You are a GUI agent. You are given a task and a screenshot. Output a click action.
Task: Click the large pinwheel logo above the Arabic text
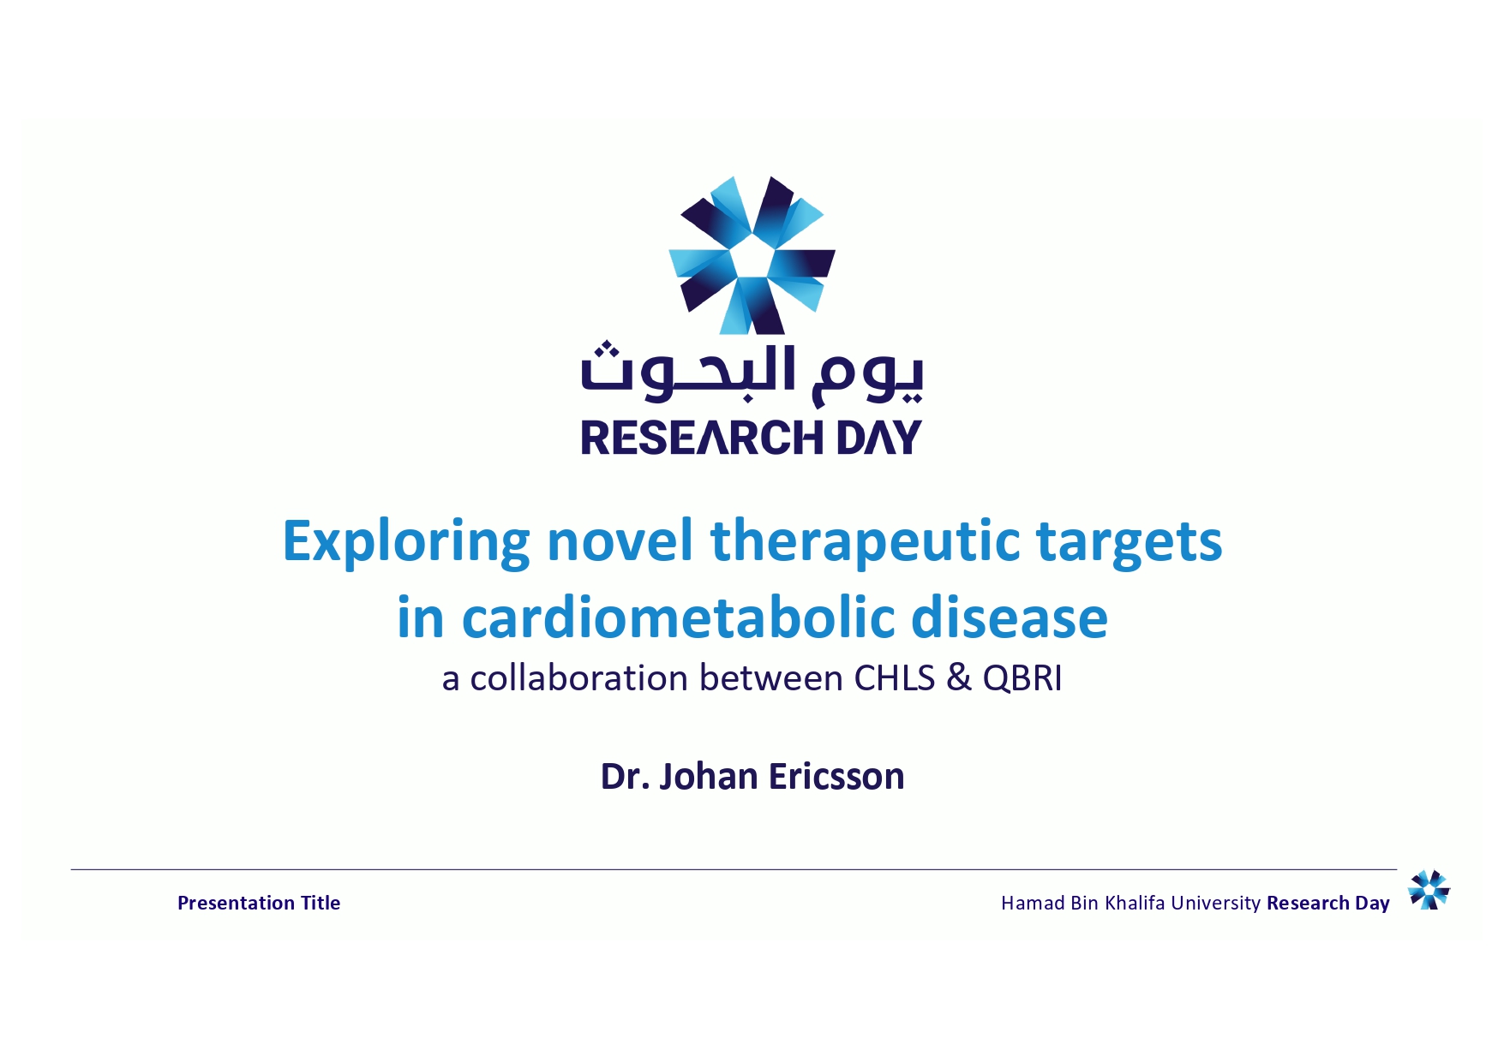(752, 255)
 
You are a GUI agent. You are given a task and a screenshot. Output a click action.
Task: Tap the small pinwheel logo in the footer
(1429, 890)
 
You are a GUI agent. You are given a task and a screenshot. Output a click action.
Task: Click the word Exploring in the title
(406, 542)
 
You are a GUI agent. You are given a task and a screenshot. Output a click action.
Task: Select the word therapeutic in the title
(865, 542)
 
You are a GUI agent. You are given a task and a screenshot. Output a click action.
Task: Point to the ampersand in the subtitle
(959, 678)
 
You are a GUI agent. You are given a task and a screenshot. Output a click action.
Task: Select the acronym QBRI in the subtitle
(1022, 678)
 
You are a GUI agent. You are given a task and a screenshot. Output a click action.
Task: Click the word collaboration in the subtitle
(579, 678)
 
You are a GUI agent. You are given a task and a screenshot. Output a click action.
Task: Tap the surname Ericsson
(836, 777)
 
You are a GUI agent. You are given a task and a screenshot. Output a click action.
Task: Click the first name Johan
(709, 777)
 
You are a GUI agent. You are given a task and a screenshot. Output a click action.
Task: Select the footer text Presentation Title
(259, 903)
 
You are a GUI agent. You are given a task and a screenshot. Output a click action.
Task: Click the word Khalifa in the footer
(1135, 903)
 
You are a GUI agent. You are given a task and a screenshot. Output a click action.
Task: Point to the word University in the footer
(1216, 904)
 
